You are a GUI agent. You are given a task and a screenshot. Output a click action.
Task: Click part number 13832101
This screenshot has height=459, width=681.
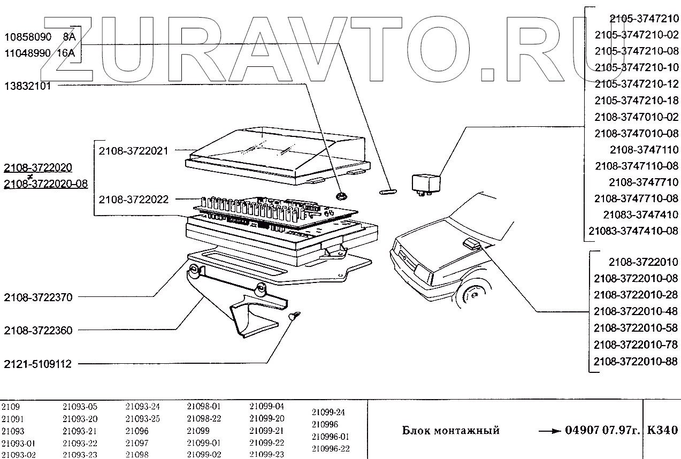coord(28,86)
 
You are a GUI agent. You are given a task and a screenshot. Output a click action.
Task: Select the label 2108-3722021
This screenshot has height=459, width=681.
coord(133,151)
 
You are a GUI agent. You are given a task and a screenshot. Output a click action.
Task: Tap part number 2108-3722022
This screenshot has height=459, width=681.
coord(133,200)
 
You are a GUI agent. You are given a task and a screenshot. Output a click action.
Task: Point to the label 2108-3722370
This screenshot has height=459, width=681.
coord(38,297)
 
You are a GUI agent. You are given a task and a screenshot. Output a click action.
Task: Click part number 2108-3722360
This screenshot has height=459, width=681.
coord(38,331)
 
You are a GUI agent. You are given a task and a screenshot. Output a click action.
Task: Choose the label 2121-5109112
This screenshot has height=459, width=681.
coord(38,364)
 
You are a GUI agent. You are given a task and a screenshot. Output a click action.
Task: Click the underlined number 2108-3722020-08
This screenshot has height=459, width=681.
coord(45,184)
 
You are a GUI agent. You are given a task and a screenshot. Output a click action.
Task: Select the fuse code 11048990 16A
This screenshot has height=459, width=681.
coord(40,53)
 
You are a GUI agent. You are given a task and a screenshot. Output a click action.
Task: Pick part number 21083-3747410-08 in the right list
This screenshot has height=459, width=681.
coord(633,231)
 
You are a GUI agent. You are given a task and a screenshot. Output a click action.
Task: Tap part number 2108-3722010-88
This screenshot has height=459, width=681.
coord(636,362)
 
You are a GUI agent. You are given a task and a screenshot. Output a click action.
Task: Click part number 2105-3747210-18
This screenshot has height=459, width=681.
coord(637,101)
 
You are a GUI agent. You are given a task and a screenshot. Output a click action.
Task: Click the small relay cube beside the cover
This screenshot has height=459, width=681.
coord(426,183)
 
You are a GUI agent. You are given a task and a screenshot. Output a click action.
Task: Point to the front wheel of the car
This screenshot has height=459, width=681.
coord(472,295)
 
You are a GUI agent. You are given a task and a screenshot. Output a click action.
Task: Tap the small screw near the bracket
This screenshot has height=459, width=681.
coord(294,316)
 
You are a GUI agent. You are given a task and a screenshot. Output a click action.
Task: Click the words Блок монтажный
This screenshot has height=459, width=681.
coord(450,431)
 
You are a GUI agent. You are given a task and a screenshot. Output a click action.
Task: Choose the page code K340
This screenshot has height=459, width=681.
coord(662,430)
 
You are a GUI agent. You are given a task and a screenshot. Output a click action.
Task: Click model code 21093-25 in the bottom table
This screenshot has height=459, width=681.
coord(142,419)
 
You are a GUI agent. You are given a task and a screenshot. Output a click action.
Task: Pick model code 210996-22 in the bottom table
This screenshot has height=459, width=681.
coord(330,449)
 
